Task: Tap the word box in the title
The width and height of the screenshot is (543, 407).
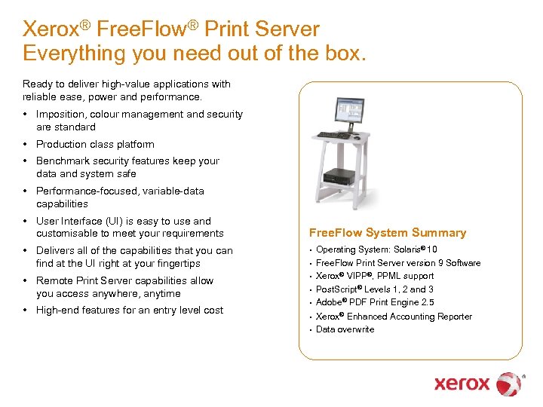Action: coord(345,54)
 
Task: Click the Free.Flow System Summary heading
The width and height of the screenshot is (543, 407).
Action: coord(388,233)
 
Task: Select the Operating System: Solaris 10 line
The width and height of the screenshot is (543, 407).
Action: coord(376,249)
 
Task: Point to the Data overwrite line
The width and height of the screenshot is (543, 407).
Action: coord(345,329)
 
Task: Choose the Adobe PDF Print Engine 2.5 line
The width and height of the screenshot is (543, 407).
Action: coord(375,302)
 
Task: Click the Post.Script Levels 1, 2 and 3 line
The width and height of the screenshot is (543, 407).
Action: coord(374,289)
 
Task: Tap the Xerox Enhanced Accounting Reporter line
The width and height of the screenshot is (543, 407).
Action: coord(394,317)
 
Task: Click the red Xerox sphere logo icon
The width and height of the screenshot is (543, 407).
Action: coord(510,384)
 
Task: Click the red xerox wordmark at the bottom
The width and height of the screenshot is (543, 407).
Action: coord(462,384)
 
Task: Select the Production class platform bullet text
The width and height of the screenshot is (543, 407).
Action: coord(95,144)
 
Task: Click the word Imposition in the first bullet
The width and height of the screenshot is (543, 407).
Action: coord(60,115)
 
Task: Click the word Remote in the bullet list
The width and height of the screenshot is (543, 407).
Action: coord(54,281)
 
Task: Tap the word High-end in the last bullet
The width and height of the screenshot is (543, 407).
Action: coord(57,310)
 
